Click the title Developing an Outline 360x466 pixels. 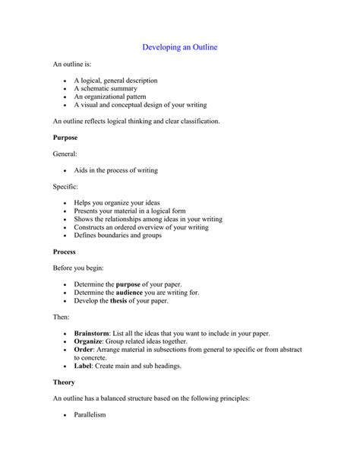coord(180,47)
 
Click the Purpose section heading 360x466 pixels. coord(65,138)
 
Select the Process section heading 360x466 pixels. coord(65,251)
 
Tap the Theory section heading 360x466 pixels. coord(64,382)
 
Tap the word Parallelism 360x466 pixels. coord(90,415)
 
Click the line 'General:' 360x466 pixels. coord(65,154)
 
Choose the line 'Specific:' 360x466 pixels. coord(65,186)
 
